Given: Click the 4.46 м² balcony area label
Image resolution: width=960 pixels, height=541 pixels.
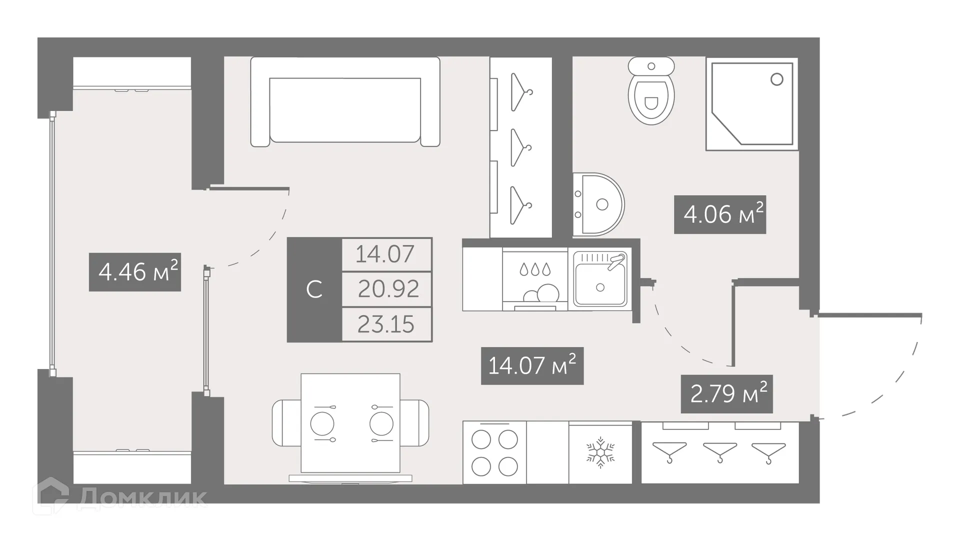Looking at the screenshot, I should (x=135, y=272).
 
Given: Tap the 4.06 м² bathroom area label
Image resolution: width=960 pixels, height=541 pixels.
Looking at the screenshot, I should (x=720, y=214).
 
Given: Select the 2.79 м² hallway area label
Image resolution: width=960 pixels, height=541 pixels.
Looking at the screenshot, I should (x=726, y=393).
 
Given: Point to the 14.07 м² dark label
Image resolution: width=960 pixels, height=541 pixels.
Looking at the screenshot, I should (x=532, y=365).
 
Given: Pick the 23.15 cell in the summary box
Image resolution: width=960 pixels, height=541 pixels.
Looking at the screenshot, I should (x=386, y=324).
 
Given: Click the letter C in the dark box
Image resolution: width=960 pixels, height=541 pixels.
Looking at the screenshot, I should (x=314, y=289).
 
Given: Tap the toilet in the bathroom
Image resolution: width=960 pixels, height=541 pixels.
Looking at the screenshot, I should (x=651, y=92).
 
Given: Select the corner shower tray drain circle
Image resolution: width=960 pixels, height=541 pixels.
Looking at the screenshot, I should (x=776, y=79).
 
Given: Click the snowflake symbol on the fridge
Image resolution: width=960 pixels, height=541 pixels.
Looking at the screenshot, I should (x=600, y=452).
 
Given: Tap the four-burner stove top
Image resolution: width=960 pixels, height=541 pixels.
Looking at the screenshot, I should (x=494, y=453).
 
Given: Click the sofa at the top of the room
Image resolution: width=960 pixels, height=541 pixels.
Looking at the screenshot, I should (x=345, y=102).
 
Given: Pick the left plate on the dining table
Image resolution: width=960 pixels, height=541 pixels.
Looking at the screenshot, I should (x=322, y=424).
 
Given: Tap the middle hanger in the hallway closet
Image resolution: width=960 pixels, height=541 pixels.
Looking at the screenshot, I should (x=719, y=452).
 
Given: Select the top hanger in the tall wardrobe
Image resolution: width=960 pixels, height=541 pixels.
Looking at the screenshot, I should (x=520, y=92).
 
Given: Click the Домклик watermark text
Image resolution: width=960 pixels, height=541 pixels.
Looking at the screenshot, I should (x=141, y=497).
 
